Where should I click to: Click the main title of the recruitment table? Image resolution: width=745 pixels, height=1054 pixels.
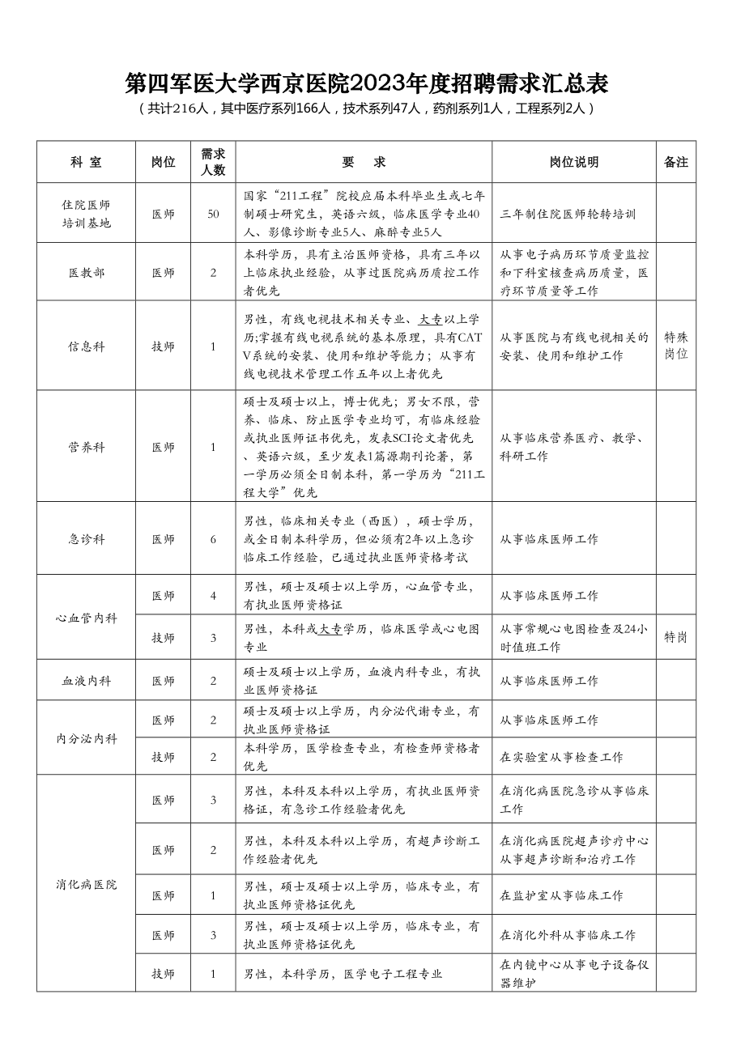tap(366, 83)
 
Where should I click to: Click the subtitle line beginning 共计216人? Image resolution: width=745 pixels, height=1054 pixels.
tap(366, 108)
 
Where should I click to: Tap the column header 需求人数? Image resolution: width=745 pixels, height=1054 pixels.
tap(213, 162)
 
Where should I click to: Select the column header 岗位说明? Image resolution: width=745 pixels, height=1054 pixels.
tap(573, 162)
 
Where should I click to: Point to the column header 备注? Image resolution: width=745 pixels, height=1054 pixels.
tap(675, 162)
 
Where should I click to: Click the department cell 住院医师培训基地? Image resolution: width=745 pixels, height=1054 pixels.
tap(87, 214)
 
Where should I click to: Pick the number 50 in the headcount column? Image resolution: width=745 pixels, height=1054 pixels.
tap(213, 214)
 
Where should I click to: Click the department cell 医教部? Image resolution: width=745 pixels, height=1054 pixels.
tap(87, 273)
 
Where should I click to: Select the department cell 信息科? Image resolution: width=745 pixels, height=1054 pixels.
tap(87, 346)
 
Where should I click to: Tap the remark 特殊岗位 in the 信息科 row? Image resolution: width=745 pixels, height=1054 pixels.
tap(675, 346)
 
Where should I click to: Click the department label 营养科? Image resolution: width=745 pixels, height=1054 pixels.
tap(87, 447)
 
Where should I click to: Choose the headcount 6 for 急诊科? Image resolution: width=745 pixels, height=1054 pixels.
tap(213, 539)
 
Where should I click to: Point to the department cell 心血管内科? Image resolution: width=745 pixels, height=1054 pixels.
tap(87, 618)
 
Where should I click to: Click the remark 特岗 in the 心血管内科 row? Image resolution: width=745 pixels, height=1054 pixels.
tap(675, 638)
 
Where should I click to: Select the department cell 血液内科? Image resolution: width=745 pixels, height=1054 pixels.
tap(87, 681)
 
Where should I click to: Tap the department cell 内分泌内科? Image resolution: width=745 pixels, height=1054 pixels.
tap(87, 738)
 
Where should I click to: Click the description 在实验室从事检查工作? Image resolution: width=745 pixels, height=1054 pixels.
tap(561, 757)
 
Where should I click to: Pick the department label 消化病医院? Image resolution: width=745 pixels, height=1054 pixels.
tap(87, 884)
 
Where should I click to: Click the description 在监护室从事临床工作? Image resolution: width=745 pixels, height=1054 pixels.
tap(561, 895)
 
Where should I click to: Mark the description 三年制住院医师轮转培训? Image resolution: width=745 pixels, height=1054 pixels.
tap(568, 215)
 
